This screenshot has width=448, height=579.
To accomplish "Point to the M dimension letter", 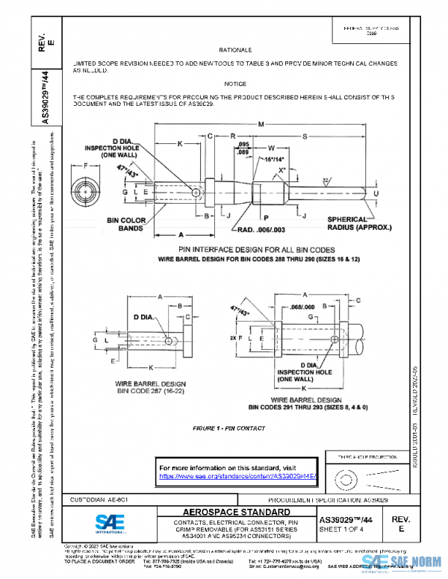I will tap(259, 125).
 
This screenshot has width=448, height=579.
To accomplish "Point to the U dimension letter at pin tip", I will tap(376, 193).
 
